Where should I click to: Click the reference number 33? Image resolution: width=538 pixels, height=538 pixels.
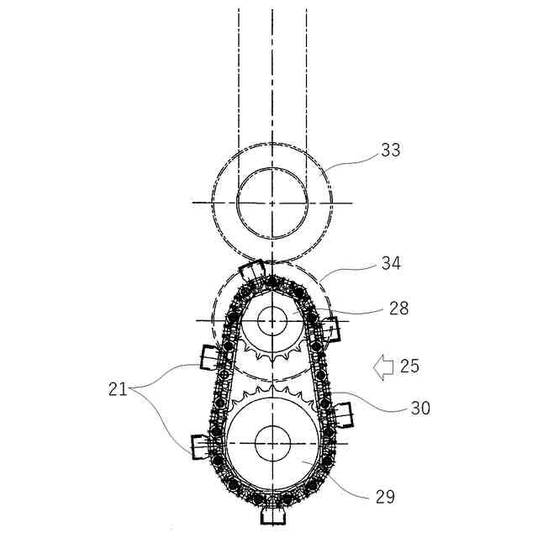pyautogui.click(x=391, y=150)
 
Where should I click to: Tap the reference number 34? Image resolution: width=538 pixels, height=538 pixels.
pyautogui.click(x=391, y=263)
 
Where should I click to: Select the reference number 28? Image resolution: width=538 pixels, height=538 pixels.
pyautogui.click(x=399, y=309)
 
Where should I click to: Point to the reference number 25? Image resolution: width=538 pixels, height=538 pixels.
pyautogui.click(x=409, y=367)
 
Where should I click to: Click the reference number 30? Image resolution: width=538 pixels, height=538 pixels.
pyautogui.click(x=420, y=409)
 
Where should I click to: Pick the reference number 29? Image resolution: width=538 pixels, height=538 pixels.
pyautogui.click(x=385, y=497)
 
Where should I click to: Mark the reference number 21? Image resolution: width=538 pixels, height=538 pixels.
pyautogui.click(x=118, y=389)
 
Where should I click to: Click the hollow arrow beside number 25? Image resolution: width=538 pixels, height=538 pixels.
pyautogui.click(x=383, y=367)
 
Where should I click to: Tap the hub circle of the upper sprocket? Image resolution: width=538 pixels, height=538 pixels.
pyautogui.click(x=272, y=321)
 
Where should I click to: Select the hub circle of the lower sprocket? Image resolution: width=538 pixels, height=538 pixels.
pyautogui.click(x=272, y=443)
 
